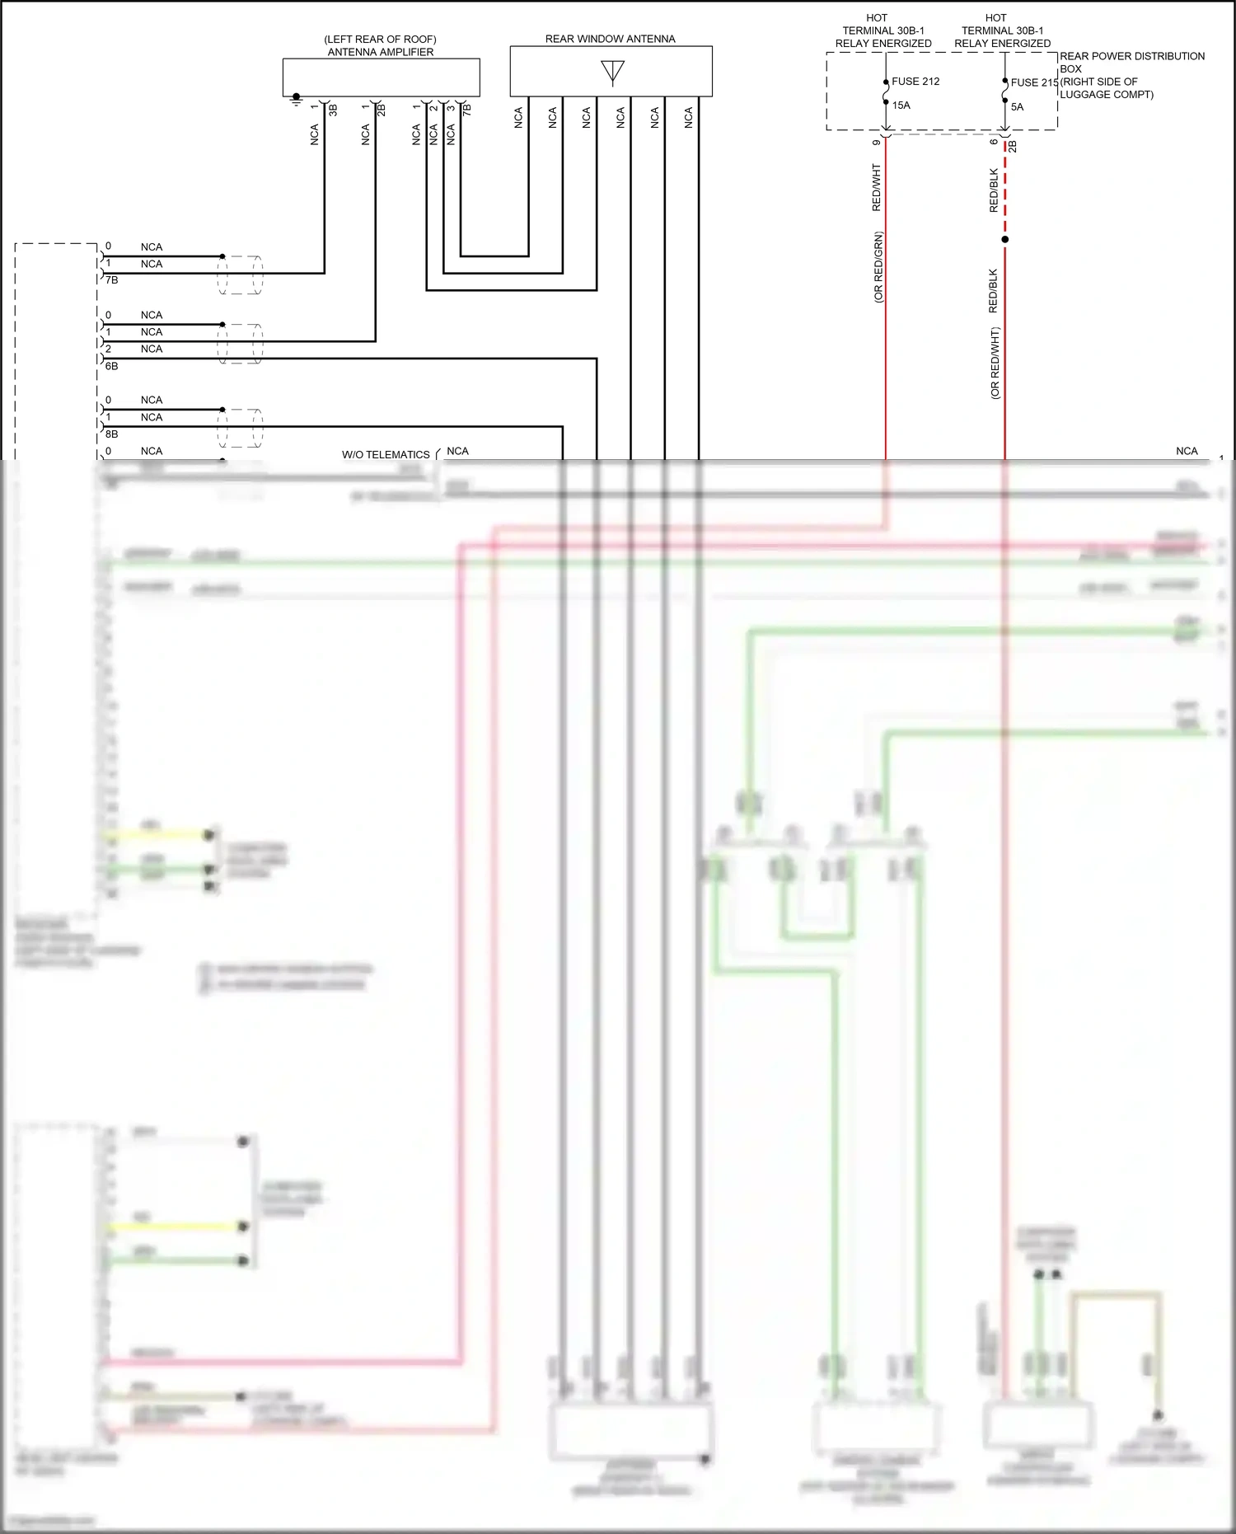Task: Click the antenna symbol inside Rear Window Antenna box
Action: (612, 72)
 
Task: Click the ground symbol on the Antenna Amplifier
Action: (297, 99)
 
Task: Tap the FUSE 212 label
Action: (915, 82)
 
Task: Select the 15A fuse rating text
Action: (901, 106)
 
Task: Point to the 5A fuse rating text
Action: (1017, 107)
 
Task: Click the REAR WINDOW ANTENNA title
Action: (610, 39)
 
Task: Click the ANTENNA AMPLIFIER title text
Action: (380, 52)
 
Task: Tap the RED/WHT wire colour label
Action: (876, 187)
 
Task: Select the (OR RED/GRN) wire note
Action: (878, 267)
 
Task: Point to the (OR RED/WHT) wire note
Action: (995, 364)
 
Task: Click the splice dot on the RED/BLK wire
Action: (1004, 240)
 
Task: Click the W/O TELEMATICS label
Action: (386, 455)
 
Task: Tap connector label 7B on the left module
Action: (112, 280)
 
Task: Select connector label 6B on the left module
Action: (112, 366)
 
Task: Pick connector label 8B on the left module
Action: (112, 434)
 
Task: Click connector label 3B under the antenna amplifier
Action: (333, 110)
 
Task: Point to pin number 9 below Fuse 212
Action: (876, 142)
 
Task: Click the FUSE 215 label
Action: (1034, 82)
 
